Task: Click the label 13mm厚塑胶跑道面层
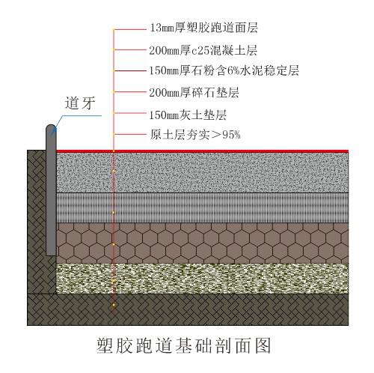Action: pyautogui.click(x=203, y=28)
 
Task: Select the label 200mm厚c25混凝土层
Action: pyautogui.click(x=203, y=50)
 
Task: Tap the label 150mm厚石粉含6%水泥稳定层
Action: pyautogui.click(x=224, y=70)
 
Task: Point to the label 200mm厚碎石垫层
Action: pyautogui.click(x=194, y=93)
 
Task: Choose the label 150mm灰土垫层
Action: pyautogui.click(x=188, y=115)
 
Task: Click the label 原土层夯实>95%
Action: pyautogui.click(x=195, y=135)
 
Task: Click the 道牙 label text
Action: pyautogui.click(x=80, y=103)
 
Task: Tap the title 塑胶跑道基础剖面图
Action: pyautogui.click(x=184, y=345)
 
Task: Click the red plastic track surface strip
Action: pyautogui.click(x=202, y=151)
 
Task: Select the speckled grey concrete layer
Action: pyautogui.click(x=202, y=172)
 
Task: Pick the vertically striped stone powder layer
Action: pyautogui.click(x=202, y=207)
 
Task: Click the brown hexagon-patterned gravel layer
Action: pyautogui.click(x=202, y=243)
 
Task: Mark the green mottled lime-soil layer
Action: pyautogui.click(x=202, y=279)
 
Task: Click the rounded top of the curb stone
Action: pyautogui.click(x=51, y=127)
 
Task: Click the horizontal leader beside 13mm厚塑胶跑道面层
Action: pyautogui.click(x=129, y=29)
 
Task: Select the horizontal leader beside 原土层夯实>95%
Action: pyautogui.click(x=129, y=134)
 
